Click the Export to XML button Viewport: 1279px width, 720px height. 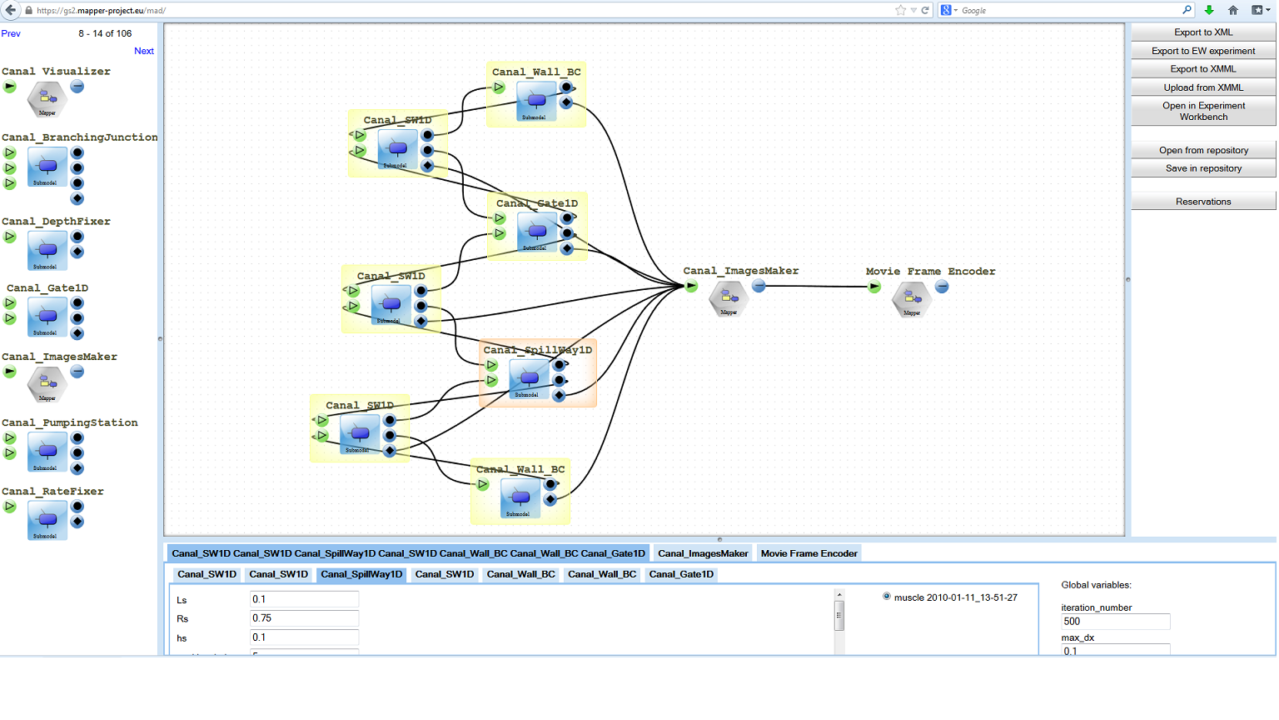click(x=1202, y=32)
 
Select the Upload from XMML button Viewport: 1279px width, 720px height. click(x=1202, y=87)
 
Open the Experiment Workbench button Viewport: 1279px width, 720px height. click(x=1202, y=111)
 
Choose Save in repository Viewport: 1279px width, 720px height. click(x=1202, y=168)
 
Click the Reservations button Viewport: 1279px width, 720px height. click(x=1202, y=202)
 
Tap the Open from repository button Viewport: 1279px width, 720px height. click(x=1202, y=150)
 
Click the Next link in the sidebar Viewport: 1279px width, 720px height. click(x=144, y=51)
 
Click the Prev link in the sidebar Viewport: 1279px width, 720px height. click(x=11, y=33)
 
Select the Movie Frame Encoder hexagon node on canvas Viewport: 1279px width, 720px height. click(x=911, y=299)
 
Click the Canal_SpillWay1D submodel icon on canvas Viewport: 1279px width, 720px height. click(x=529, y=378)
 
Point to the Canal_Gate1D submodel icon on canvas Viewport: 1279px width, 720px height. click(x=537, y=232)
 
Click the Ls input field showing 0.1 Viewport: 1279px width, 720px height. click(x=304, y=599)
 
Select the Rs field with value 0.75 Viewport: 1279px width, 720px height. click(x=304, y=618)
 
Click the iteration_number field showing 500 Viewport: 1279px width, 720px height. click(x=1115, y=622)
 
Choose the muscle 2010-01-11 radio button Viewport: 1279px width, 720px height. click(x=887, y=597)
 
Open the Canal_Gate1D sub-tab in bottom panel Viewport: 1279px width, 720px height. click(x=681, y=574)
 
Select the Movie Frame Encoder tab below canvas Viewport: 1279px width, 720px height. click(x=809, y=553)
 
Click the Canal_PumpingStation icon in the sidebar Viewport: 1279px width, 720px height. click(x=47, y=452)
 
